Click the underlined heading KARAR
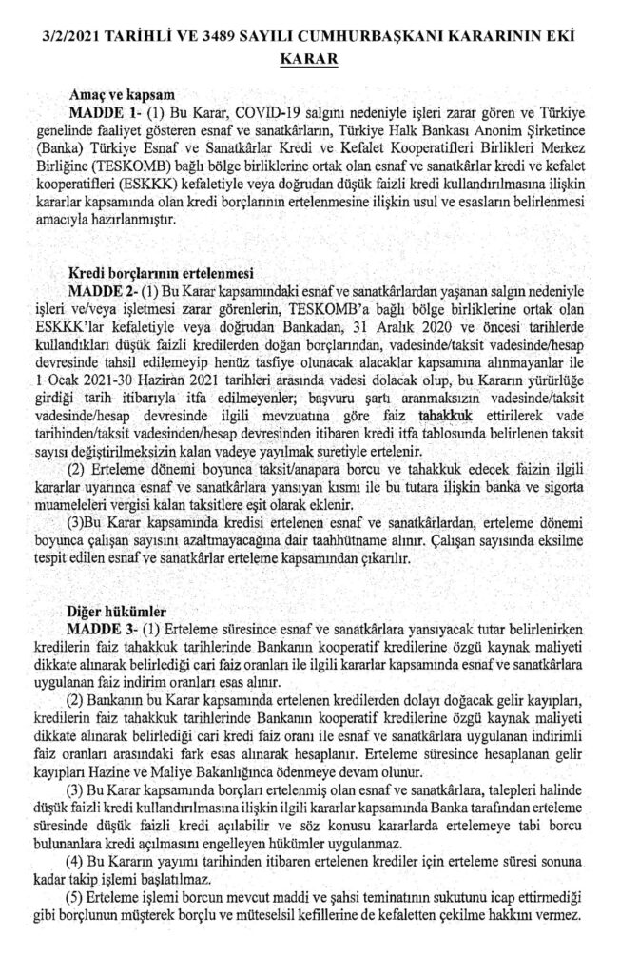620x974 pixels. click(309, 59)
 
